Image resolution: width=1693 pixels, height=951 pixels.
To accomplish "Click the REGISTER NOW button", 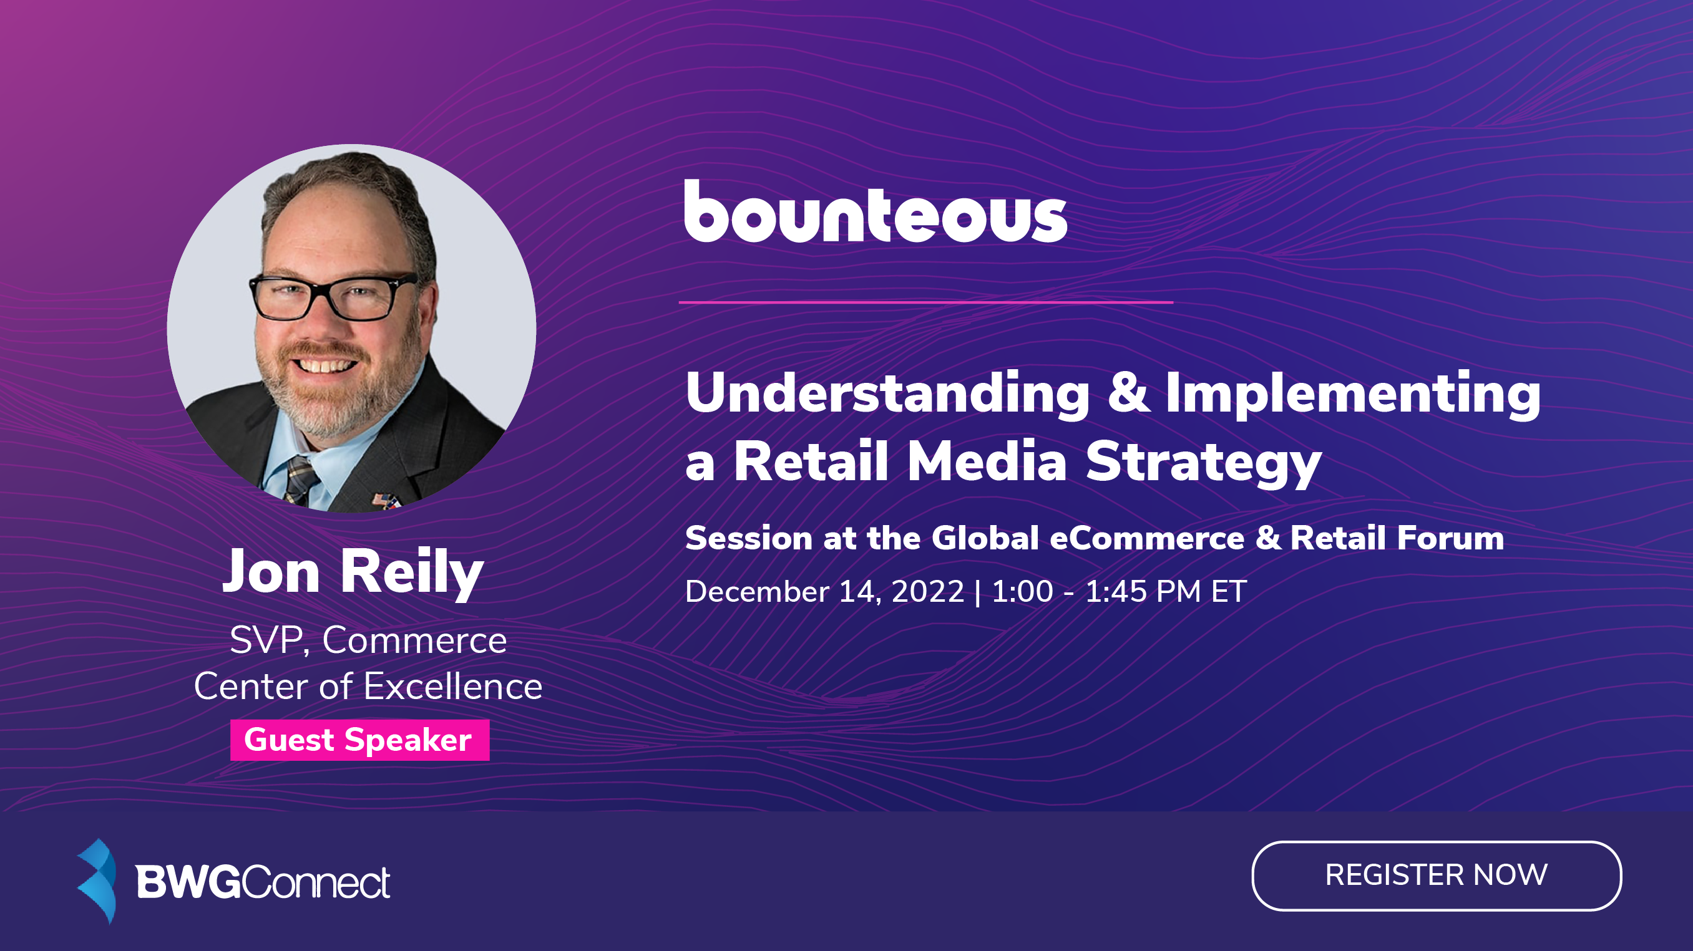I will point(1436,876).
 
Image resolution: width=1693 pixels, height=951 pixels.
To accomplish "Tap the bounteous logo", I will point(875,211).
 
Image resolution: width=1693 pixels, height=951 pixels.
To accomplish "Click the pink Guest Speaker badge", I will point(359,740).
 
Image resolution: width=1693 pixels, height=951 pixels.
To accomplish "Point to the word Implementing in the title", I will point(1352,394).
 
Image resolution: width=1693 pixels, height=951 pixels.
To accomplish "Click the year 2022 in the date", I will point(927,591).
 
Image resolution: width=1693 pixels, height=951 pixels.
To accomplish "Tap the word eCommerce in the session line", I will point(1147,538).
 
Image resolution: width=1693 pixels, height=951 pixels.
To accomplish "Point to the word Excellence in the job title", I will point(453,687).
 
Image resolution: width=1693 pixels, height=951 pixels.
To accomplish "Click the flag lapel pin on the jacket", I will point(386,501).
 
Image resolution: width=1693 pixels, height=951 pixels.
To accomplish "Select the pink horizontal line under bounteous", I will point(925,302).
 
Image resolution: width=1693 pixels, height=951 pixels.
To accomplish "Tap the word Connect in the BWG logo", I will point(316,882).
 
